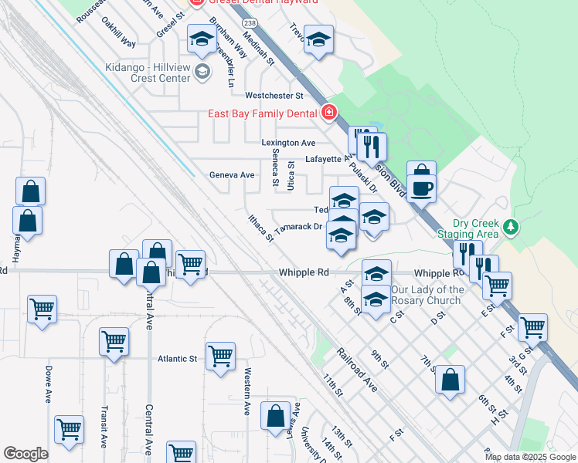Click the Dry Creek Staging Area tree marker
tap(509, 227)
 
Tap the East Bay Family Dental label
tap(263, 113)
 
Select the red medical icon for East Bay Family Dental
tap(329, 113)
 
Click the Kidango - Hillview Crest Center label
tap(148, 73)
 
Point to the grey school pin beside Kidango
tap(202, 73)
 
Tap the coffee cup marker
tap(421, 188)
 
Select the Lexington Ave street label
tap(288, 143)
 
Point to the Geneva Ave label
tap(232, 175)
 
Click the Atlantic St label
tap(178, 359)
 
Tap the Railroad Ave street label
tap(356, 370)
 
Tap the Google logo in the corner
tap(25, 454)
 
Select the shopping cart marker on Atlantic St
tap(220, 356)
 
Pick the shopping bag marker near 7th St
tap(450, 380)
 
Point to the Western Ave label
tap(247, 391)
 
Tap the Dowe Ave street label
tap(48, 384)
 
